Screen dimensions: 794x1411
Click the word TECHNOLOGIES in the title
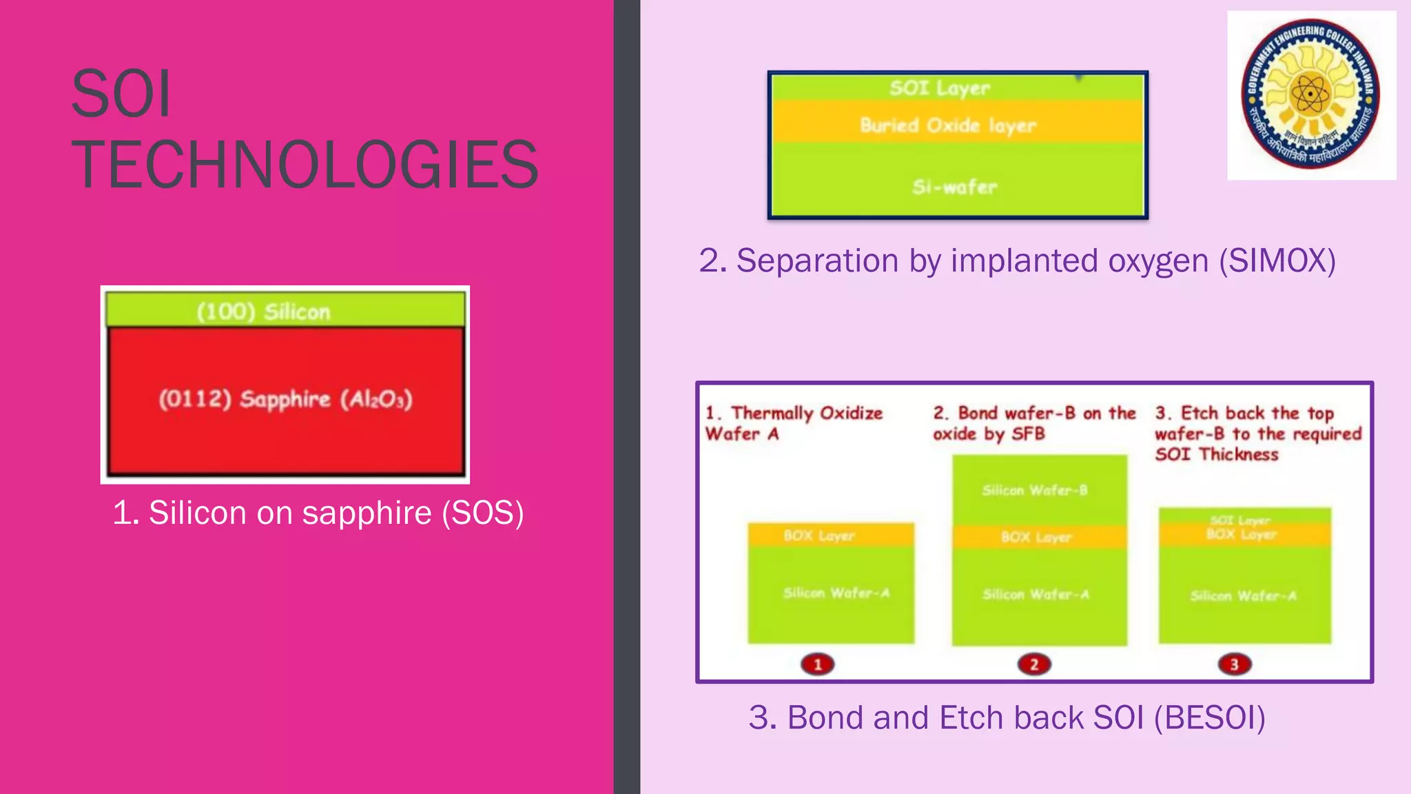(305, 165)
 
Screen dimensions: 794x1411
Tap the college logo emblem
(1310, 94)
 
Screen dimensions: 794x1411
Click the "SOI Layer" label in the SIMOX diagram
(939, 88)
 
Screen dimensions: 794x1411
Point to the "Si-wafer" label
(954, 187)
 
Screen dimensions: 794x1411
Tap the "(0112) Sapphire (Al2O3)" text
(285, 399)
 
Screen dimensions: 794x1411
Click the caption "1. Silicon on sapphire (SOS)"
(318, 513)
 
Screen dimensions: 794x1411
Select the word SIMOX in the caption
(1277, 261)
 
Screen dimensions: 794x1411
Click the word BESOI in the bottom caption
(1209, 717)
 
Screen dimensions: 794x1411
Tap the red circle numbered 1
(818, 664)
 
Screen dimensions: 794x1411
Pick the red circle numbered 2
(1033, 664)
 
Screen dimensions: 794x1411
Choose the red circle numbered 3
(1234, 664)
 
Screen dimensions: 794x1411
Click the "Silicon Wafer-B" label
(1034, 490)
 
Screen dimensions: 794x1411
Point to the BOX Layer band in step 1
(830, 536)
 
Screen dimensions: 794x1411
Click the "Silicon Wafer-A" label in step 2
(1036, 594)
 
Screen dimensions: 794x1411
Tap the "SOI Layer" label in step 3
(1239, 520)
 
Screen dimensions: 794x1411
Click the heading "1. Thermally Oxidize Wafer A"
(793, 423)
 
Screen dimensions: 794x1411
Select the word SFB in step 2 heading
(1028, 434)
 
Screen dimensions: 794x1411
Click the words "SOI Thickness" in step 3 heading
(1217, 454)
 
